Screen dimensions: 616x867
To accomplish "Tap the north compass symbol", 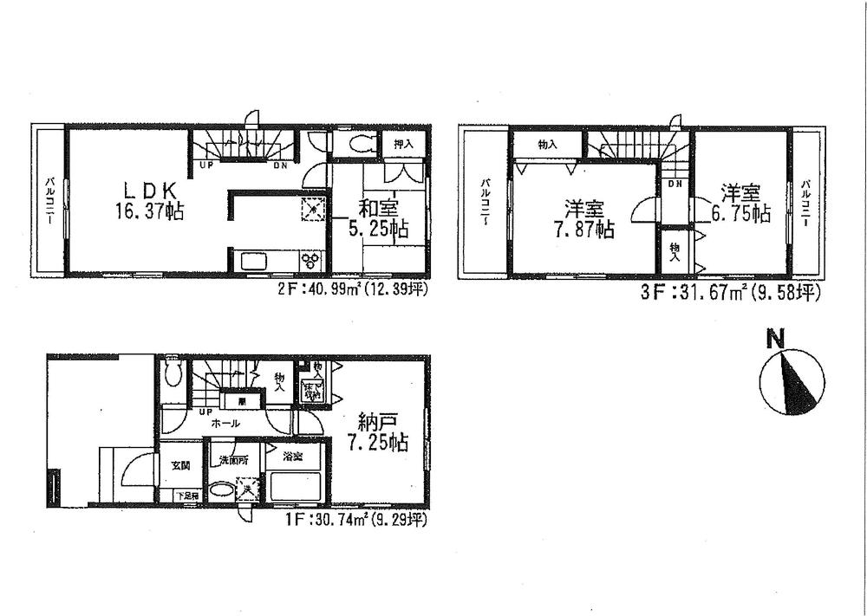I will [788, 379].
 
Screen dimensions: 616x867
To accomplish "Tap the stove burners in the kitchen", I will [311, 260].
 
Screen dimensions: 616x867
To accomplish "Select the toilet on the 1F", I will [173, 373].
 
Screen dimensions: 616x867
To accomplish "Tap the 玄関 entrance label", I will [179, 466].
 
